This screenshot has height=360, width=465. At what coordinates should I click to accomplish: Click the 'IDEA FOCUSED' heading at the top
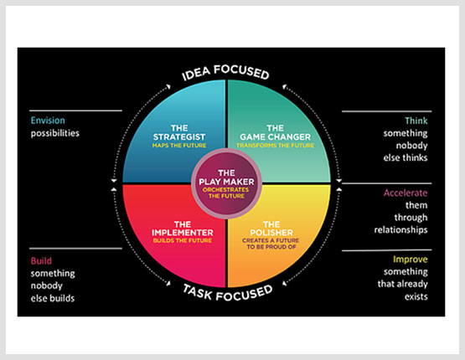pos(225,72)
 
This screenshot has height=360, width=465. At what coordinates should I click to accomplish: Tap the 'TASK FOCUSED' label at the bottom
pos(227,293)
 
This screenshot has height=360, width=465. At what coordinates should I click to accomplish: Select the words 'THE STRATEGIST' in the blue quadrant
pos(179,132)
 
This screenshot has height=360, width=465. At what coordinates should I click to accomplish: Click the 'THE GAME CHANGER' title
pos(275,132)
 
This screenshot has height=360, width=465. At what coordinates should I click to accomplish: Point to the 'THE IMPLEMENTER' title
pos(183,229)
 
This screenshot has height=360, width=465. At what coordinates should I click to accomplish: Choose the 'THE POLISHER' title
pos(271,229)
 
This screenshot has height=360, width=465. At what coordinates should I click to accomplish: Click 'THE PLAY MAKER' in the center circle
pos(226,177)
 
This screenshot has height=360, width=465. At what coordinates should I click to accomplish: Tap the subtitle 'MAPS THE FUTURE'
pos(179,146)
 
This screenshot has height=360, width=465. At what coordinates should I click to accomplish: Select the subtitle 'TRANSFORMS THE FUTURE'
pos(275,146)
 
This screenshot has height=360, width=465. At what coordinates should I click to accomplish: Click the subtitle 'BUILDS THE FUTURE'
pos(183,240)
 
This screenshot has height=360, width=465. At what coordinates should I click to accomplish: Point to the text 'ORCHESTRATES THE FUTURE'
pos(226,193)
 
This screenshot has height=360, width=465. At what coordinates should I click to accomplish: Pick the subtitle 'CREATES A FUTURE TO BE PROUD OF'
pos(271,244)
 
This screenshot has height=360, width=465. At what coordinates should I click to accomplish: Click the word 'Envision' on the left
pos(48,121)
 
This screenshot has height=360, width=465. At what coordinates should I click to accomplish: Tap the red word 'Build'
pos(41,260)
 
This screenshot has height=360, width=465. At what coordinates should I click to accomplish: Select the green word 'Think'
pos(416,121)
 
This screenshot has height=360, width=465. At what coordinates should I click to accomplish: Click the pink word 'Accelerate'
pos(406,193)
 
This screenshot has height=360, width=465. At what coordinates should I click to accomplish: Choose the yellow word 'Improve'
pos(411,260)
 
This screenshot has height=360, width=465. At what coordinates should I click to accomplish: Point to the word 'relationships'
pos(401,230)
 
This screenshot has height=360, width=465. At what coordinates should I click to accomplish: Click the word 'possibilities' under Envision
pos(55,133)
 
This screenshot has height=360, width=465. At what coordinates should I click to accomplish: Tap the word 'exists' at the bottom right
pos(416,296)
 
